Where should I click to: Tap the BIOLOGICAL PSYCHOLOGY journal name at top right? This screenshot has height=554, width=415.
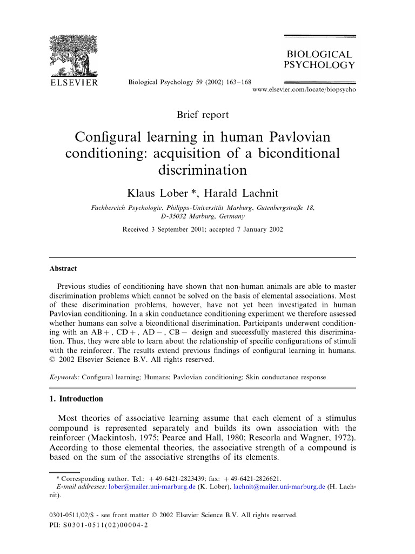coord(319,60)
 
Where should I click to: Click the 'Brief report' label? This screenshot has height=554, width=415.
coord(203,115)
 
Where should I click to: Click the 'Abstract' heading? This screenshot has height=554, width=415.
coord(63,269)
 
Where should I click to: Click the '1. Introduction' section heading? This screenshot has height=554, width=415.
coord(76,399)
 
